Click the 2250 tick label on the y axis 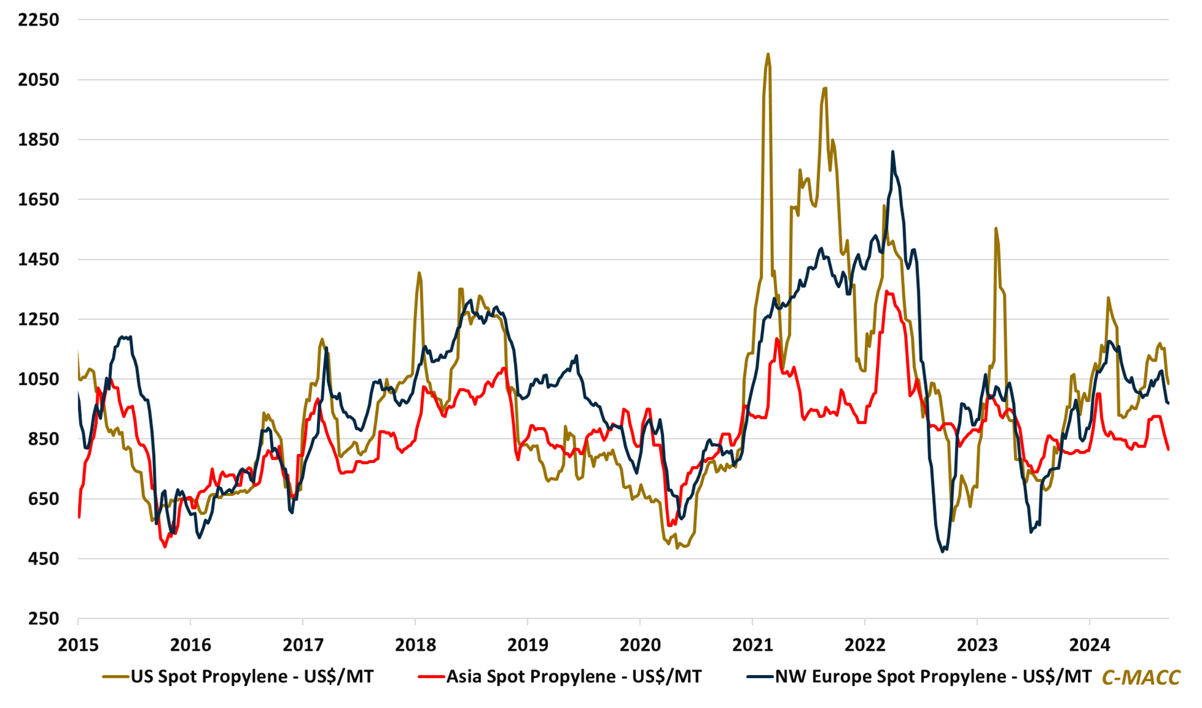pos(38,20)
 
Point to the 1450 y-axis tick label pos(38,260)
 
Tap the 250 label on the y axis pos(43,619)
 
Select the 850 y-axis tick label pos(43,439)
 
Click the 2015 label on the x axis pos(78,645)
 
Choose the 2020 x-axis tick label pos(640,645)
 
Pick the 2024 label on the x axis pos(1090,645)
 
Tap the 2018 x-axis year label pos(415,645)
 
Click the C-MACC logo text pos(1140,677)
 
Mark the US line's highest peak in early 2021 pos(768,54)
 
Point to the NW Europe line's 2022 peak pos(893,151)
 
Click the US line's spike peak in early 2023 pos(996,228)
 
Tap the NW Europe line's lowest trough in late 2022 pos(943,552)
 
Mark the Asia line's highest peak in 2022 pos(887,291)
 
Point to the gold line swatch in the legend pos(115,677)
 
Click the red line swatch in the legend pos(431,677)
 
